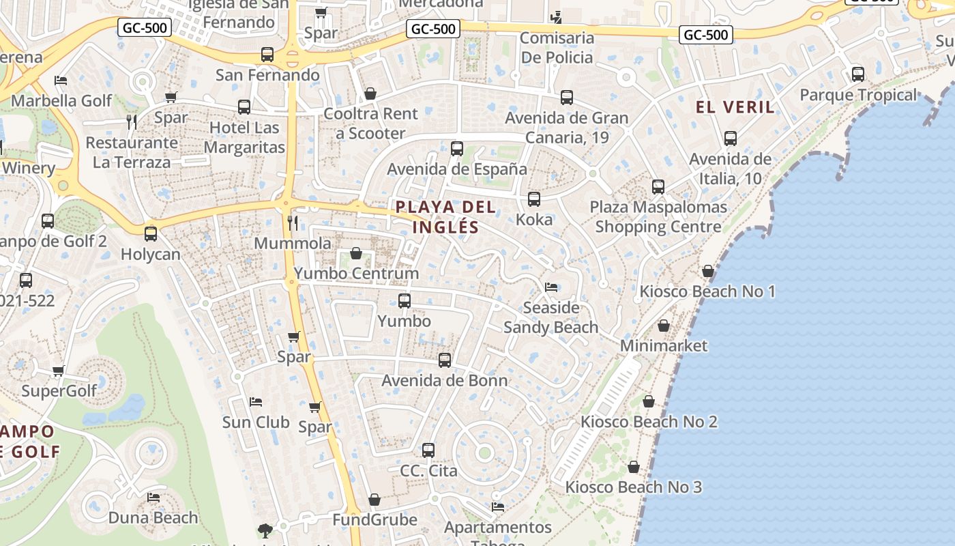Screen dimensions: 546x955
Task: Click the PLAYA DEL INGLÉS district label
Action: [445, 216]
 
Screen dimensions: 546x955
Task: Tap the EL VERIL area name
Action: [735, 107]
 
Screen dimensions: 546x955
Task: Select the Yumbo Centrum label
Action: [356, 274]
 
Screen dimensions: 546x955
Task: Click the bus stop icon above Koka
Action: [534, 199]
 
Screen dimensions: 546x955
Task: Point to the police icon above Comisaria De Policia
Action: [557, 17]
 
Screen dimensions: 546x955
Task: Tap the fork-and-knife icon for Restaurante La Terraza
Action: [132, 122]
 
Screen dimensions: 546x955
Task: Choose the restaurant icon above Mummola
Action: [293, 222]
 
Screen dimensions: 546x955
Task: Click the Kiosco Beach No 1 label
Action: [707, 292]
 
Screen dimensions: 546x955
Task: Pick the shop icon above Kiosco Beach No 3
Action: [634, 467]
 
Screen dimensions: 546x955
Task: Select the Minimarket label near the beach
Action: [664, 346]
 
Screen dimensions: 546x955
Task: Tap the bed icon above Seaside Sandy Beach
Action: [551, 287]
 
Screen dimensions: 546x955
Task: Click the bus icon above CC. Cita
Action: [428, 450]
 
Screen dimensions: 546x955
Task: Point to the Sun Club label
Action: [256, 422]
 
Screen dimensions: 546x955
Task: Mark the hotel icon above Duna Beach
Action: [153, 498]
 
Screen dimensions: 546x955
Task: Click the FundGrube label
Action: [374, 520]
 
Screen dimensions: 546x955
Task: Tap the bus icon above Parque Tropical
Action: [858, 74]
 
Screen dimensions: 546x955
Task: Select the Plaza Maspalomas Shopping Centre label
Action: [658, 217]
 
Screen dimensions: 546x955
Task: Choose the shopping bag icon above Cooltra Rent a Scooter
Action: [370, 94]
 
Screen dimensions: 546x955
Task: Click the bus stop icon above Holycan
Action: [151, 234]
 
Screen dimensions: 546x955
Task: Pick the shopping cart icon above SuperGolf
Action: [59, 371]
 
